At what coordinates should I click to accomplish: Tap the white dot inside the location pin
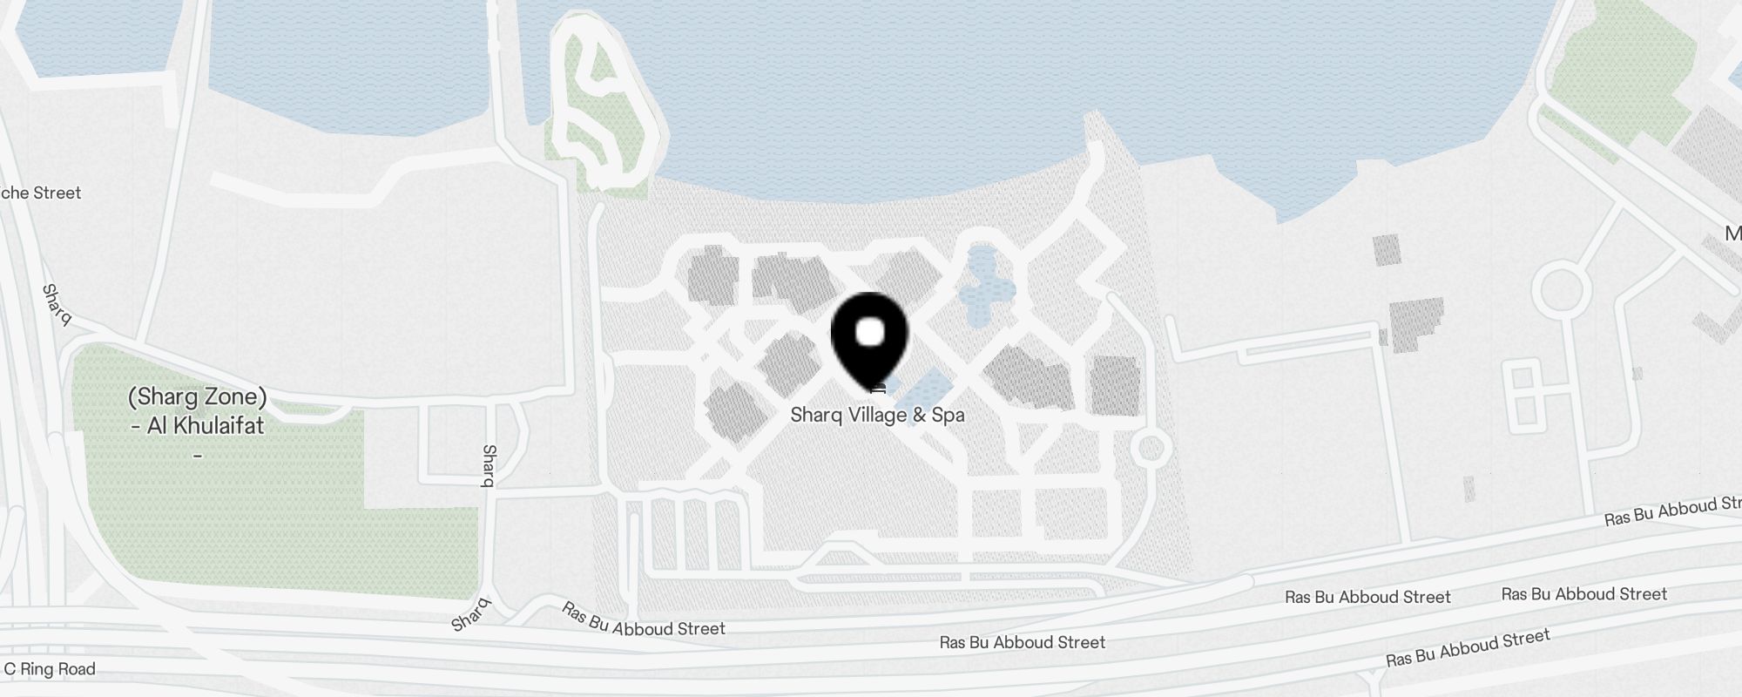tap(870, 332)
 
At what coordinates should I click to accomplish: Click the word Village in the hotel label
tap(877, 416)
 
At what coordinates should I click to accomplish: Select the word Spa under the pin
tap(948, 416)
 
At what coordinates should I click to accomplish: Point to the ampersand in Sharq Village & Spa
tap(919, 416)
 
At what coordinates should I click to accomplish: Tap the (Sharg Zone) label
tap(198, 397)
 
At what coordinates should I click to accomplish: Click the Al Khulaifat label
tap(206, 426)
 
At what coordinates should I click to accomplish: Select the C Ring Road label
tap(50, 669)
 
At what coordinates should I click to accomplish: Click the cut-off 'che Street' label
tap(41, 193)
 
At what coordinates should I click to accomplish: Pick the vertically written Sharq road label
tap(490, 465)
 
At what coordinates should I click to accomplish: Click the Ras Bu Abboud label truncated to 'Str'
tap(1672, 511)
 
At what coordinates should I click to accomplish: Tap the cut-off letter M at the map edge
tap(1732, 233)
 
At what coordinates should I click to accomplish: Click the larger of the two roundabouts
tap(1562, 291)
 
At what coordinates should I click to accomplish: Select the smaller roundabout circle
tap(1151, 450)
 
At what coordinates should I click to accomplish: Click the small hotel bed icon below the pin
tap(878, 389)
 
